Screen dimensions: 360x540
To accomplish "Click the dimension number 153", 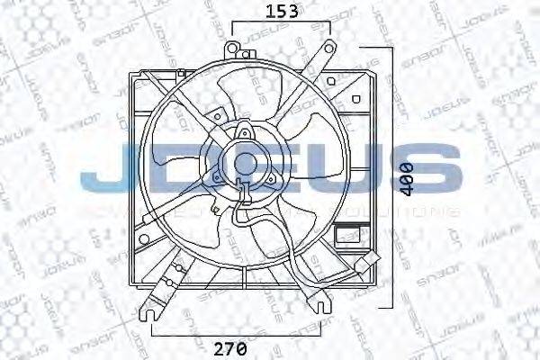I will pos(281,12).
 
